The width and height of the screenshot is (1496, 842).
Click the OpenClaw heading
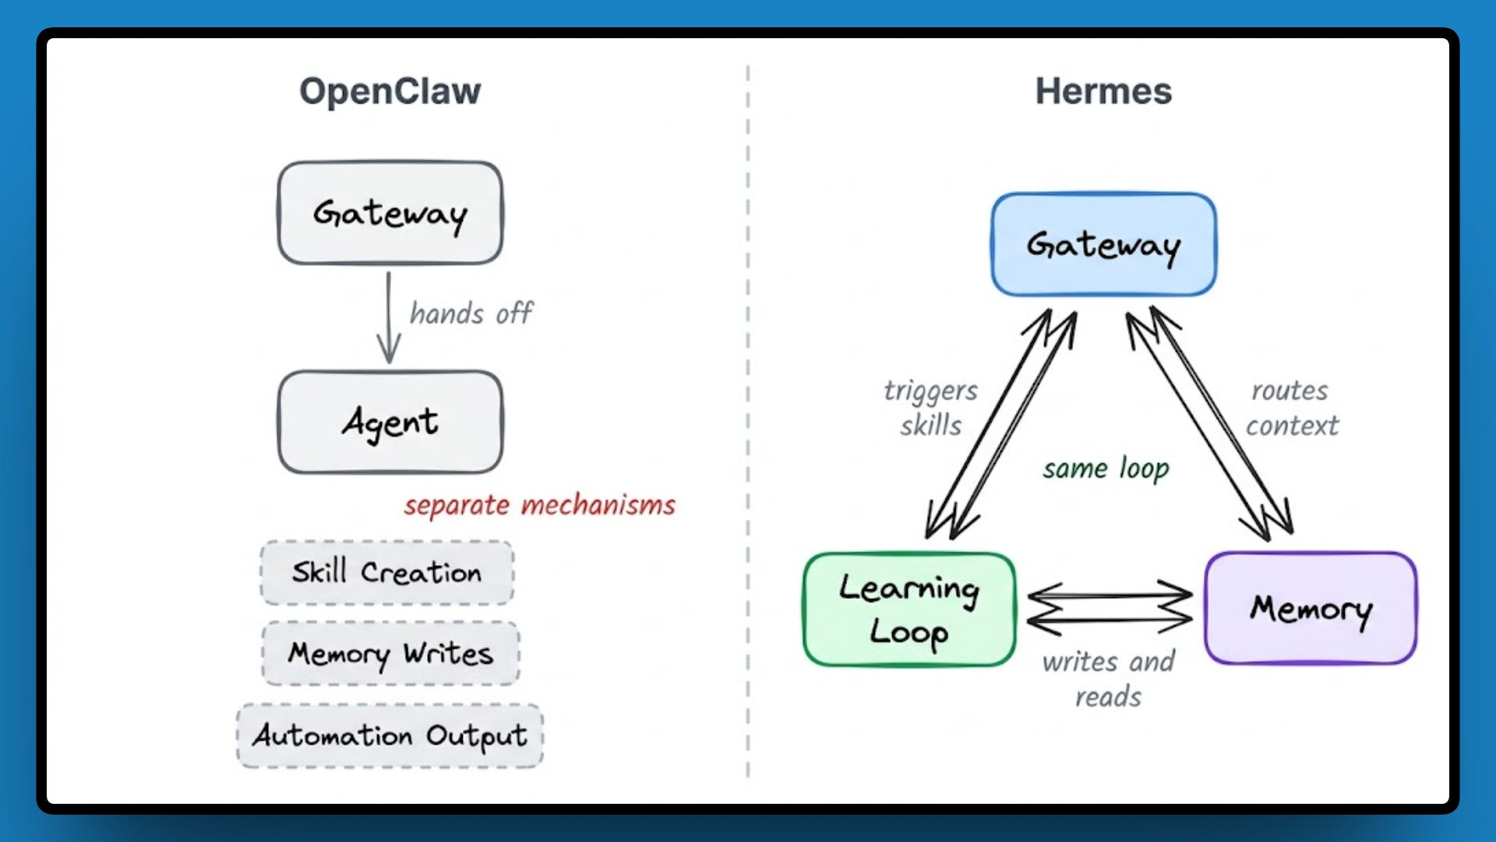pyautogui.click(x=390, y=91)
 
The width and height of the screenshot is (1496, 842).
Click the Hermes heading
pyautogui.click(x=1103, y=91)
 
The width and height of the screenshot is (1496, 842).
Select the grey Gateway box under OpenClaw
pyautogui.click(x=390, y=213)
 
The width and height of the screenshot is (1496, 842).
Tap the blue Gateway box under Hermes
pyautogui.click(x=1103, y=245)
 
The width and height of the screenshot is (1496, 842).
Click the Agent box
pyautogui.click(x=390, y=422)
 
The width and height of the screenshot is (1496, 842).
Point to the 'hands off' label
pyautogui.click(x=471, y=313)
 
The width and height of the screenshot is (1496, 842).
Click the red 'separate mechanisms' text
pyautogui.click(x=539, y=505)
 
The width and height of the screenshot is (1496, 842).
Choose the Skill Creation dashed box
pyautogui.click(x=386, y=572)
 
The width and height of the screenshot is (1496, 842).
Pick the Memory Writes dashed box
pyautogui.click(x=390, y=653)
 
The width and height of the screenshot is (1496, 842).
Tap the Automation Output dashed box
pyautogui.click(x=390, y=735)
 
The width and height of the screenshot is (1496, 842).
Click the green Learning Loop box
pyautogui.click(x=909, y=610)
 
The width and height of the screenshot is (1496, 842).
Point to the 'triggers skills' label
pyautogui.click(x=930, y=408)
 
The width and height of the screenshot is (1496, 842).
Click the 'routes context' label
pyautogui.click(x=1291, y=408)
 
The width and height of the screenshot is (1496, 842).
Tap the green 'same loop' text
pyautogui.click(x=1106, y=469)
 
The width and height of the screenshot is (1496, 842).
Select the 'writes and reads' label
pyautogui.click(x=1108, y=678)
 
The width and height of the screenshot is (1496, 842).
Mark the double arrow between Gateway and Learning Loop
pyautogui.click(x=1001, y=425)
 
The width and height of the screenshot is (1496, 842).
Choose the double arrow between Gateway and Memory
pyautogui.click(x=1209, y=425)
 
